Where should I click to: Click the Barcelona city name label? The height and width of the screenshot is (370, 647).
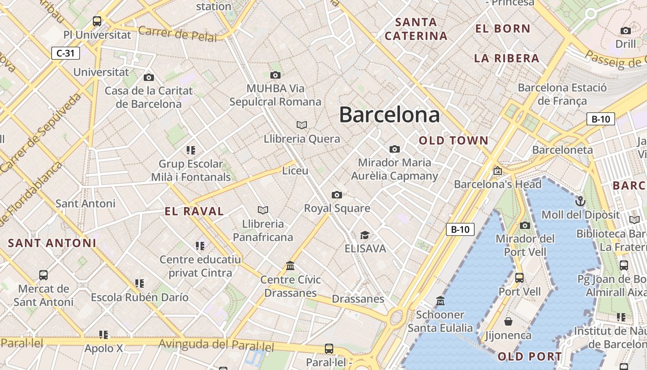pos(389,115)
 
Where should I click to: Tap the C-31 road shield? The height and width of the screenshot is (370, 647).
pos(65,53)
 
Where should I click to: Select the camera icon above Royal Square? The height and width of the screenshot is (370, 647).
pos(337,195)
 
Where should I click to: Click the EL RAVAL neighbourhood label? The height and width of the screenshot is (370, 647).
pos(194,211)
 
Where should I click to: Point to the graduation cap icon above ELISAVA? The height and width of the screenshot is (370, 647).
pos(365,235)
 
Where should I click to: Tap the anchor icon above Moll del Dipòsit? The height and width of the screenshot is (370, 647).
pos(580,201)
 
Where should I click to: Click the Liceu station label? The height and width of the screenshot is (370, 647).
pos(295,171)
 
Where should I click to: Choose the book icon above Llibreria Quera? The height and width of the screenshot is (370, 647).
pos(302,125)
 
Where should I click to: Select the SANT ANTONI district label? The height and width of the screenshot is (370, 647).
pos(52,243)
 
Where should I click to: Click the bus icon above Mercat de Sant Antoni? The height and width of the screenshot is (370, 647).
pos(43,275)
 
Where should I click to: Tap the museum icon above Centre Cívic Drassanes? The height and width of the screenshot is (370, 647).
pos(290,266)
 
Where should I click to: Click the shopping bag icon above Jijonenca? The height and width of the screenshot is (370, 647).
pos(508,321)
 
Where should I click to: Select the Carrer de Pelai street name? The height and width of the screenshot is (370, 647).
pos(177,34)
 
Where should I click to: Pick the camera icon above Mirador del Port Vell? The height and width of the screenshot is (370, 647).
pos(525,225)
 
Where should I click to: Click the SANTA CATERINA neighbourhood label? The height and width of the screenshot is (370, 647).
pos(416,29)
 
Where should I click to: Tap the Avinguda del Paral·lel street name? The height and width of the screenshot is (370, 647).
pos(216,345)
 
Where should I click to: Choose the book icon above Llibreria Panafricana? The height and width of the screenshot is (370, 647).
pos(263,210)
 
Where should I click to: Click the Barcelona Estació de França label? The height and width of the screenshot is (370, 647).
pos(562,94)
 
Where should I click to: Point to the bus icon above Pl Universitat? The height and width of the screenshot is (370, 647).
pos(97,21)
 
